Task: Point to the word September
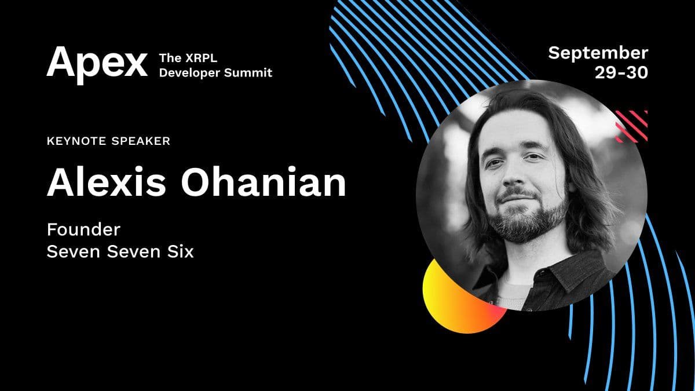[x=598, y=53]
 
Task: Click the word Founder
[x=83, y=230]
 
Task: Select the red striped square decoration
[x=631, y=126]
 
